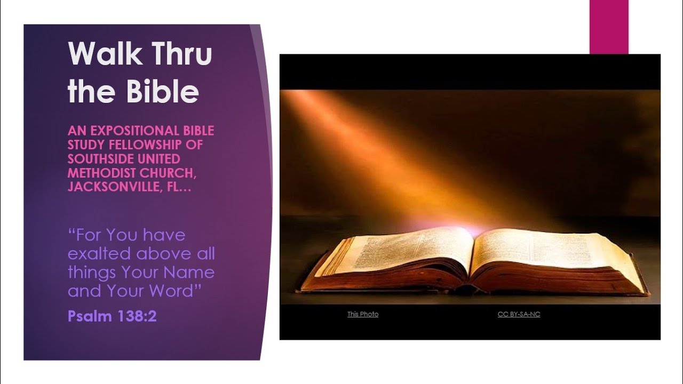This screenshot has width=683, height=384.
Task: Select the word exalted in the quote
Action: pos(100,253)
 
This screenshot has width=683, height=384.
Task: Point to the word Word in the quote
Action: pos(171,291)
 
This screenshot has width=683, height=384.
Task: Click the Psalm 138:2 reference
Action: pos(112,316)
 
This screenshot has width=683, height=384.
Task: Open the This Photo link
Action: pos(363,314)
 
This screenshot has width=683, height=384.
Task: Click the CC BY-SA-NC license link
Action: pos(519,314)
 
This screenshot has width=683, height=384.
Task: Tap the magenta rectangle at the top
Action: pos(609,27)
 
